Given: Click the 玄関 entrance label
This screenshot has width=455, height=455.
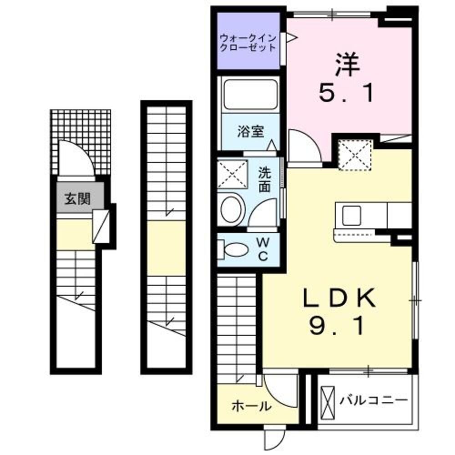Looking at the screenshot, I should point(77,198).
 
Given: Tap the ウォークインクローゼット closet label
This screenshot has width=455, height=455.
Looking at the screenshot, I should point(248,42).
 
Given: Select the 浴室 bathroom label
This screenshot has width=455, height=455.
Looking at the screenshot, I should point(250,132).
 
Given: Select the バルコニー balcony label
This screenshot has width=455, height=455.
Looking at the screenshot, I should point(373,400).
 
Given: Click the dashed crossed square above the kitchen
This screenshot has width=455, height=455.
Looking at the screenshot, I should point(355,155).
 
